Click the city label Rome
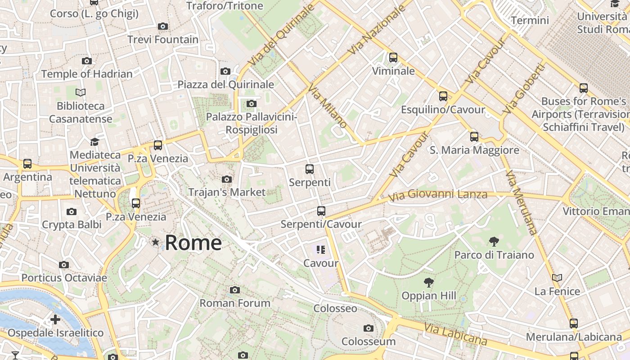[x=193, y=243]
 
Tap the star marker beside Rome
[x=156, y=243]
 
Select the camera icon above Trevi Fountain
[x=163, y=27]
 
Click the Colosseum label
[x=368, y=341]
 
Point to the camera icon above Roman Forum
[x=234, y=290]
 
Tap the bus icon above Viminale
[x=393, y=58]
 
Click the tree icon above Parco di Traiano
[x=494, y=242]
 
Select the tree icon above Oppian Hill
[x=428, y=283]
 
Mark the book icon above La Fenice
[x=557, y=278]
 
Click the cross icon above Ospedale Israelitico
[x=55, y=319]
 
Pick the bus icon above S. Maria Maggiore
[x=474, y=137]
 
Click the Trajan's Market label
[x=227, y=192]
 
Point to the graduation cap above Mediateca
[x=94, y=142]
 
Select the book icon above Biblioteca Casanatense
[x=81, y=93]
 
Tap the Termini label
[x=530, y=20]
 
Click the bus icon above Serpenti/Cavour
[x=321, y=211]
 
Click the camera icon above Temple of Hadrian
[x=87, y=61]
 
